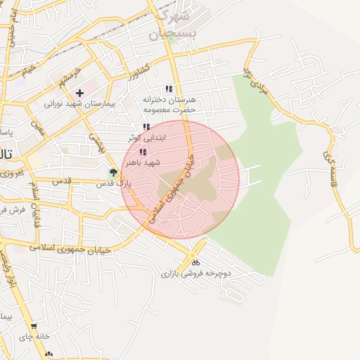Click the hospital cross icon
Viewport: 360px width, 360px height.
80,92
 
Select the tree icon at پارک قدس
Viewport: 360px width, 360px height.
114,172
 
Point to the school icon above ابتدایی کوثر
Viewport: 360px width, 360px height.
146,127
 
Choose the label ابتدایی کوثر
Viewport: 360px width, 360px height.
146,138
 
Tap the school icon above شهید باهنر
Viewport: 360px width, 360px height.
143,152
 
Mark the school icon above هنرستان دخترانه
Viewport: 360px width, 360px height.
168,89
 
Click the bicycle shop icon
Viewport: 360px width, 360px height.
195,263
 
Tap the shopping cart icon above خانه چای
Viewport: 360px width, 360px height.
33,326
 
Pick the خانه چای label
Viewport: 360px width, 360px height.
34,336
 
